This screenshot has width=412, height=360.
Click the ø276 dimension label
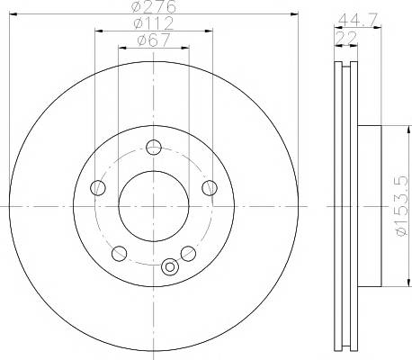(153, 6)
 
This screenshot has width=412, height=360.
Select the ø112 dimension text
(154, 23)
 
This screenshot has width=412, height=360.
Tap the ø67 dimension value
(154, 40)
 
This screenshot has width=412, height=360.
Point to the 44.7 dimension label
(357, 21)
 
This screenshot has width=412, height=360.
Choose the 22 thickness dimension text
(346, 38)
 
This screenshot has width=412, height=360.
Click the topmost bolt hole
(154, 148)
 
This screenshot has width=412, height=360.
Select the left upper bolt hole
(98, 188)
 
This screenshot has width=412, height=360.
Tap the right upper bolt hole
(210, 188)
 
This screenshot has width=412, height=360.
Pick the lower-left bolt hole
(119, 254)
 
